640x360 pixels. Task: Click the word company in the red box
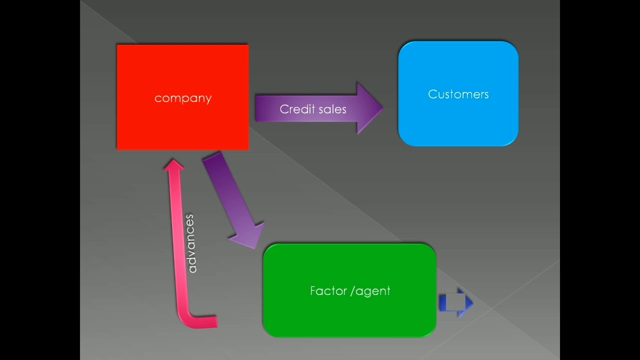tap(183, 98)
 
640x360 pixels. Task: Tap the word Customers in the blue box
tap(458, 94)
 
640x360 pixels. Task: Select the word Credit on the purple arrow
tap(296, 109)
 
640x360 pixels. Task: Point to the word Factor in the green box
tap(328, 290)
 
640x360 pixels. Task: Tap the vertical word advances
tap(190, 243)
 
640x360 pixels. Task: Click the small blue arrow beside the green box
tap(455, 302)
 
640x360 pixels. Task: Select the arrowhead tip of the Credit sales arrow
tap(381, 108)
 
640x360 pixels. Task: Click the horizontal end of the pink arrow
tap(215, 321)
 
